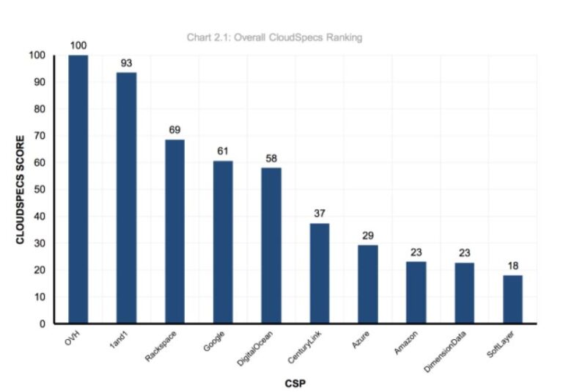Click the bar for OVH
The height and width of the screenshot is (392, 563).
78,189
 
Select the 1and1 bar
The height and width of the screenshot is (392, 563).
126,197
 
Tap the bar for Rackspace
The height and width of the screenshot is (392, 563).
174,231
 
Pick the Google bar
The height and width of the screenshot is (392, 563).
223,242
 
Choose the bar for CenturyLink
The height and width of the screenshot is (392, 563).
319,273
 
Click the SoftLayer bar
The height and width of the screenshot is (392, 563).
512,299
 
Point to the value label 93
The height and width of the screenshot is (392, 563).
126,62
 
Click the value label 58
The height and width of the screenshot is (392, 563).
271,158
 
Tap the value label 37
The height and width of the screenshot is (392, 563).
319,214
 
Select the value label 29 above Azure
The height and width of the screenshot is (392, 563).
368,235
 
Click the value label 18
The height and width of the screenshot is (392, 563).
512,265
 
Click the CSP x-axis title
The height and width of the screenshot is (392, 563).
295,382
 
